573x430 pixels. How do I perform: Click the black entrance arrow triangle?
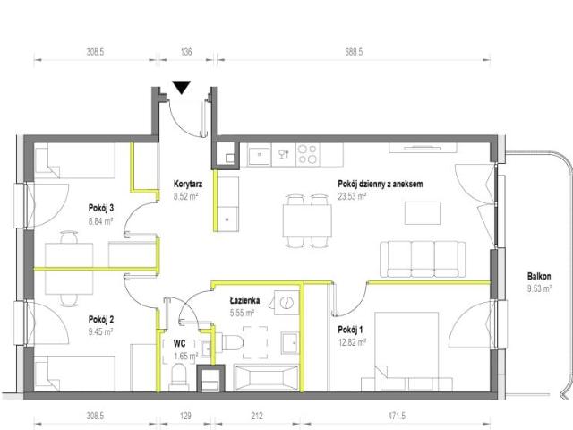[182, 87]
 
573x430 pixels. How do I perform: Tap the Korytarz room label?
[188, 184]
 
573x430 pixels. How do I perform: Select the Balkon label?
[539, 277]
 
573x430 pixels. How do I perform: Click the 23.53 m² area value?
[352, 196]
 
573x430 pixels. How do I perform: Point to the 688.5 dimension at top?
[354, 52]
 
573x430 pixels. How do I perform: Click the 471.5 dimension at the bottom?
[396, 416]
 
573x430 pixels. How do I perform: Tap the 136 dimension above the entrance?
[186, 52]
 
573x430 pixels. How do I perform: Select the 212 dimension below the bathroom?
[257, 416]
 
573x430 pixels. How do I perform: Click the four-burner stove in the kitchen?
[307, 154]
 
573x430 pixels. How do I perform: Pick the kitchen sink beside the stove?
[259, 155]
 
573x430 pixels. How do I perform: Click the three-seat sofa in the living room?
[423, 259]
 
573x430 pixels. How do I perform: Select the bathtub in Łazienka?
[267, 377]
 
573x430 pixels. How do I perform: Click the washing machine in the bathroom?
[286, 303]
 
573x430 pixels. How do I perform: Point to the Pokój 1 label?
[350, 330]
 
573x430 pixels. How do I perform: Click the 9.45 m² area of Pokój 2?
[100, 332]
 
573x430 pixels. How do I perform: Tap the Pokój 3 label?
[101, 208]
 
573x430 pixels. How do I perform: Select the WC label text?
[179, 343]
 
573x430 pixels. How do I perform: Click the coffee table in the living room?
[423, 213]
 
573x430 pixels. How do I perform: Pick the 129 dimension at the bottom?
[185, 416]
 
